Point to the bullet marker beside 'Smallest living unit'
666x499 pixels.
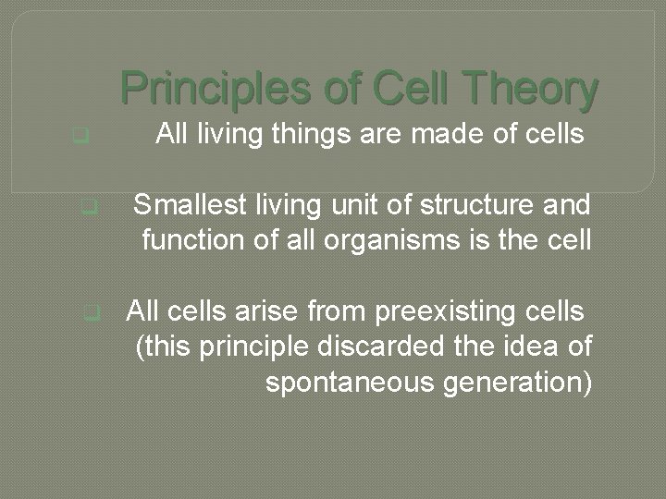pos(89,208)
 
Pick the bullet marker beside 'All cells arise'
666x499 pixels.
pos(90,312)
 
